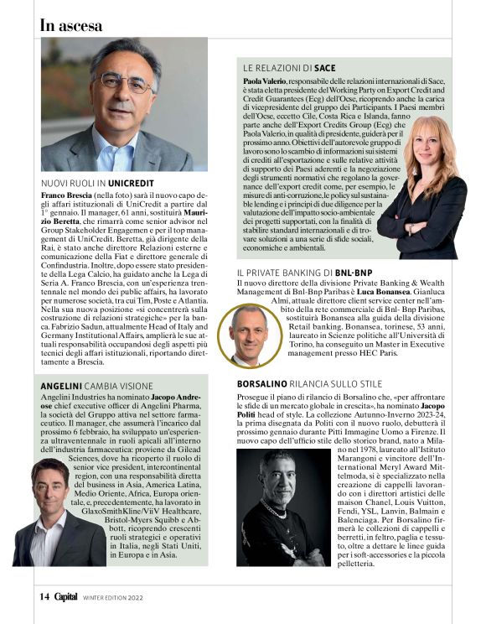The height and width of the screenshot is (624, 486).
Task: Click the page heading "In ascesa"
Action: (x=71, y=25)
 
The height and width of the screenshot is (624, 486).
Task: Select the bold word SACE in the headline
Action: (x=327, y=66)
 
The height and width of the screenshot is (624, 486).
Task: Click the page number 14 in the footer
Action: (x=44, y=596)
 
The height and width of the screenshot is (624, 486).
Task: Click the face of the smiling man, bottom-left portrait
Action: (x=49, y=491)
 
